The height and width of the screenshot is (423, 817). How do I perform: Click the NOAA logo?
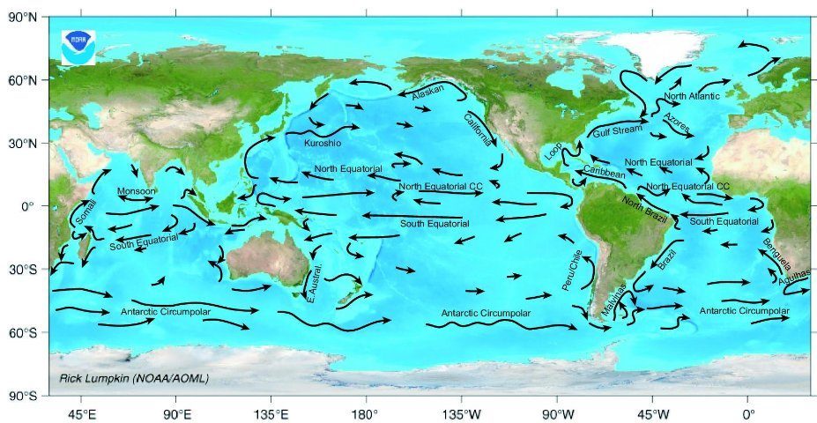79,46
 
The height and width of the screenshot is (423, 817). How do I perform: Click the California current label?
480,129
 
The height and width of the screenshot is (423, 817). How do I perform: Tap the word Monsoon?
137,191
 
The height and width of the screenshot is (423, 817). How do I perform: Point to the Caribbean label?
605,174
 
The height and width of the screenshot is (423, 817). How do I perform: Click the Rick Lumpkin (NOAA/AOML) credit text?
134,379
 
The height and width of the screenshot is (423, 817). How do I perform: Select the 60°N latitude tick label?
22,80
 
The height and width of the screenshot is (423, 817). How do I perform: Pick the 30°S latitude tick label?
22,270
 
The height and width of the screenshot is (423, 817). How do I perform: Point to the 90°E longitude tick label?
176,412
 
